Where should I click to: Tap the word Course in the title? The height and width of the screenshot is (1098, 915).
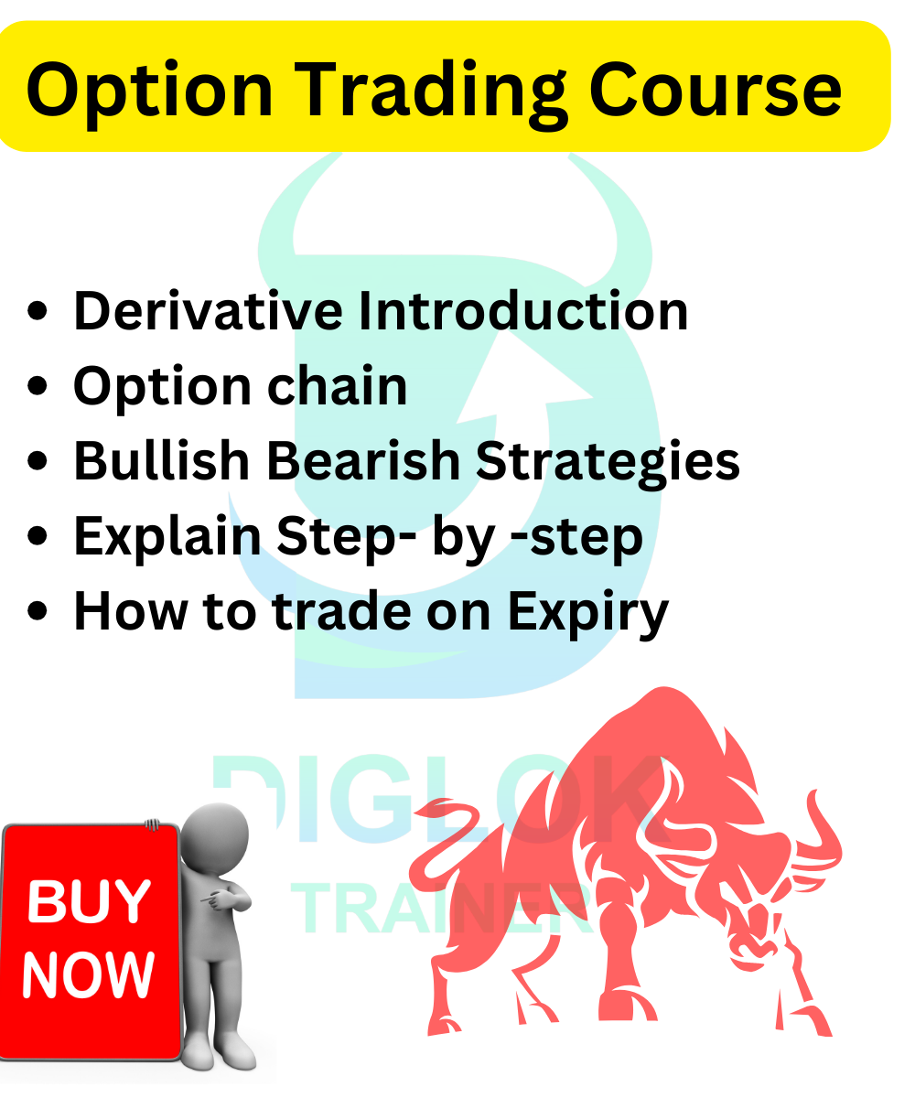coord(715,90)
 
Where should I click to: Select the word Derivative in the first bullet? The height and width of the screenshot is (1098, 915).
coord(208,311)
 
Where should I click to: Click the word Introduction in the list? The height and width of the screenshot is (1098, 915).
coord(522,311)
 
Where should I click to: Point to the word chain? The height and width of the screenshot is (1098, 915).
coord(337,385)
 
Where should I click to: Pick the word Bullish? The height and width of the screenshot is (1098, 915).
coord(161,460)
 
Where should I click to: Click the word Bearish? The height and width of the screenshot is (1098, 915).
coord(363,460)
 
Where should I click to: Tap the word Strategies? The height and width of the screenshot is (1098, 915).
coord(608,464)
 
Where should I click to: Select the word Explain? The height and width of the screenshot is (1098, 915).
coord(167,537)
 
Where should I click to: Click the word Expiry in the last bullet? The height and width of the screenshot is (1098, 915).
coord(588,613)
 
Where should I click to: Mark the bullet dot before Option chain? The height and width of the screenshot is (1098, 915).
coord(37,385)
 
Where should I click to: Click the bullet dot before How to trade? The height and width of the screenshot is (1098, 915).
coord(37,611)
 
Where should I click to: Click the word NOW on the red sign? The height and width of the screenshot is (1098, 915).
coord(89,974)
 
